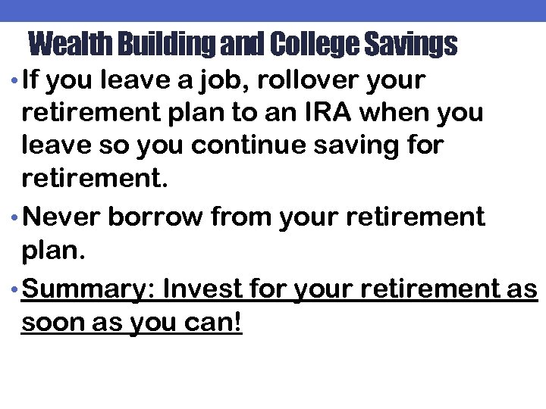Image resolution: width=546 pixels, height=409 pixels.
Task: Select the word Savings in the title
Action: pyautogui.click(x=409, y=45)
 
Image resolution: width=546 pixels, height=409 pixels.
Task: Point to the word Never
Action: pyautogui.click(x=61, y=217)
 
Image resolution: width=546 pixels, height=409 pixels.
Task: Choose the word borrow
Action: pyautogui.click(x=155, y=217)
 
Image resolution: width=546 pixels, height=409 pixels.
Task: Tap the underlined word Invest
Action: pyautogui.click(x=199, y=289)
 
